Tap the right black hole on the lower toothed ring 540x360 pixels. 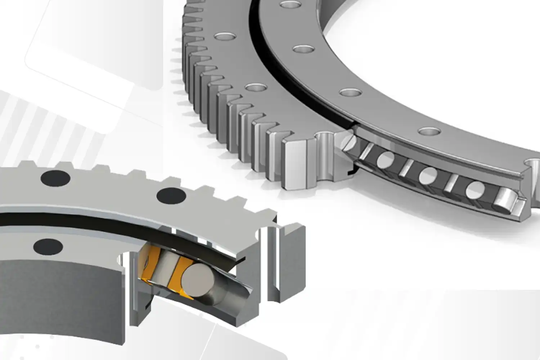click(171, 195)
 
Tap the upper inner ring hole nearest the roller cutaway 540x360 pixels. click(427, 131)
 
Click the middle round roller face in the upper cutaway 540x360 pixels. click(428, 175)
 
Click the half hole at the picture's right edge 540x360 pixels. click(535, 164)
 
